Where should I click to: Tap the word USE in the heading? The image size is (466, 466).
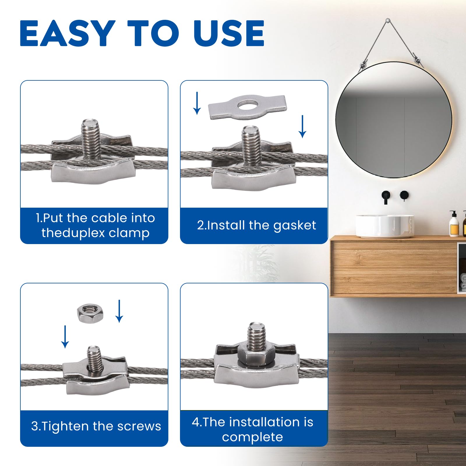tap(229, 33)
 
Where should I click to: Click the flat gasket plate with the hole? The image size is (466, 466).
tap(247, 107)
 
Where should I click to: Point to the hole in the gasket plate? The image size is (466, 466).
tap(248, 104)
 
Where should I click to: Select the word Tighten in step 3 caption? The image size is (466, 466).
tap(65, 426)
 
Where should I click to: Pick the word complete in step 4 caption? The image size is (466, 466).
tap(253, 437)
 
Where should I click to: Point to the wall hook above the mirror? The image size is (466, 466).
tap(388, 21)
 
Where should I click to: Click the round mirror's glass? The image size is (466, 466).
tap(394, 119)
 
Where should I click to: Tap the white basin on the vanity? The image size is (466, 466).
tap(385, 226)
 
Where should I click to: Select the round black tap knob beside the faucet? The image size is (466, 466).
tap(404, 195)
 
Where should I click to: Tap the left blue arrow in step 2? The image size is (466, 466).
tap(197, 103)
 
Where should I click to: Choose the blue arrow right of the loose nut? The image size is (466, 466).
tap(119, 311)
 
